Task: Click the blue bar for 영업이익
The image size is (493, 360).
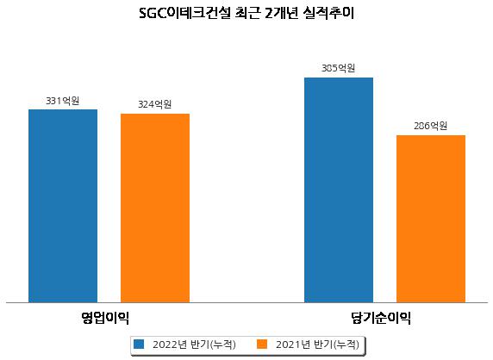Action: pos(63,206)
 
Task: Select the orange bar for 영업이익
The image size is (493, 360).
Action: pos(155,208)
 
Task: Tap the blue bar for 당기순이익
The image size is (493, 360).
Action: pos(339,190)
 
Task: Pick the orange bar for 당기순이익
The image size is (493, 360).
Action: pos(431,219)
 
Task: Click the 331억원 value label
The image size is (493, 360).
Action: pos(63,101)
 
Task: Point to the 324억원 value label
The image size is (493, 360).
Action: pos(155,104)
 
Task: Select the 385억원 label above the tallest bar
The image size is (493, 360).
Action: pos(339,68)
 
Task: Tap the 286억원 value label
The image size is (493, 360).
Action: pos(430,126)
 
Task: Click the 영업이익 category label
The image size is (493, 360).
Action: pos(105,318)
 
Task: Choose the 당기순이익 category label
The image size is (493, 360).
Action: pos(381,318)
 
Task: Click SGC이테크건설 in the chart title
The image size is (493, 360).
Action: pos(185,14)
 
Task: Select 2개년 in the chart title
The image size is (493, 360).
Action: pos(281,14)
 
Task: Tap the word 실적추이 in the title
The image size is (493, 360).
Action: pos(328,14)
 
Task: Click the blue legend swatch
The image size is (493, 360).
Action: pos(139,344)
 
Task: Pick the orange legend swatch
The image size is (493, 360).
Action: pos(262,344)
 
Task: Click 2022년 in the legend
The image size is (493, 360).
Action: pos(170,344)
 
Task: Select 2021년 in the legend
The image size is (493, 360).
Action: pos(293,344)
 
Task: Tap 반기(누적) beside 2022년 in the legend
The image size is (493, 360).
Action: pos(213,344)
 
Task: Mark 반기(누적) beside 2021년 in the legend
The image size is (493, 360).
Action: pos(336,344)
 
